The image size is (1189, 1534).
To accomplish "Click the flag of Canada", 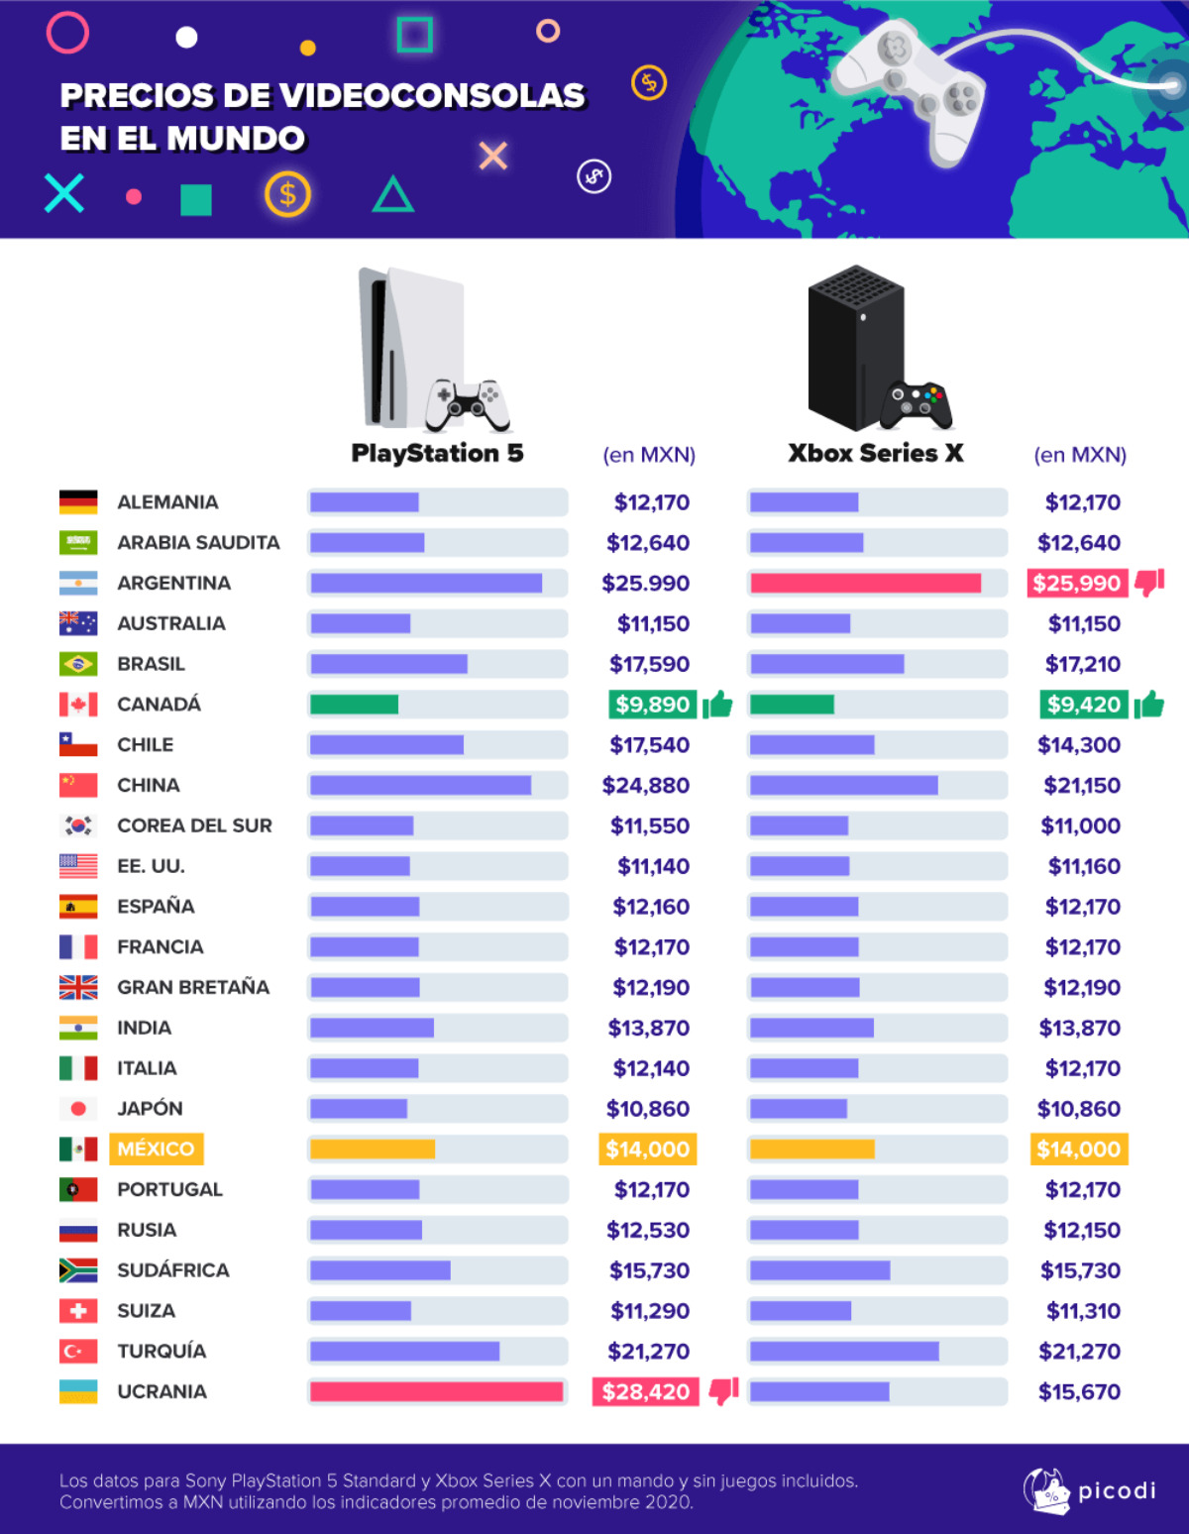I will coord(78,705).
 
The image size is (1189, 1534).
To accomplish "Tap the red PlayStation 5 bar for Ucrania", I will coord(436,1391).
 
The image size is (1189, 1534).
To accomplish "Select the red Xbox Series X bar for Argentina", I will coord(865,583).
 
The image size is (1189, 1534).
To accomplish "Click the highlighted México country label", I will coord(156,1149).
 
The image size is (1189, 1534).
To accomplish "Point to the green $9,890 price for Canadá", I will coord(652,705).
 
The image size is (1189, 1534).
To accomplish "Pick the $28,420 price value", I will coord(646,1391).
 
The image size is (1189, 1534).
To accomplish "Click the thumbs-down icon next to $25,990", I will coord(1149,583).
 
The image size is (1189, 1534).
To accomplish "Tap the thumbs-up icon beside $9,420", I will coord(1149,705).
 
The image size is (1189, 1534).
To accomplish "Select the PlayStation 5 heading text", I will coord(437,453).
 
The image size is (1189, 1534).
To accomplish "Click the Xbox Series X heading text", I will coord(876,453).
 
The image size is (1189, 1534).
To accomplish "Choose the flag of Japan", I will coord(78,1109).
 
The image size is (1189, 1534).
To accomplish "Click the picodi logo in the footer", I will coord(1089,1490).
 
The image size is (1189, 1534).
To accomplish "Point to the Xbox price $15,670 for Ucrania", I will coord(1079,1391).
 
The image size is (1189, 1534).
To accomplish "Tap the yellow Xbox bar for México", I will coord(812,1150).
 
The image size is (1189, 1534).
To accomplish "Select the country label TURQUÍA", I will coord(162,1351).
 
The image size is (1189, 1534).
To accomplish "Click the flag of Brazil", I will coord(78,664).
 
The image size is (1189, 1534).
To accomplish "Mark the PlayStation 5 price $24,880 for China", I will coord(646,785).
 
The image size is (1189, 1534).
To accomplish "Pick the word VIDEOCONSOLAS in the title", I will coord(433,95).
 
